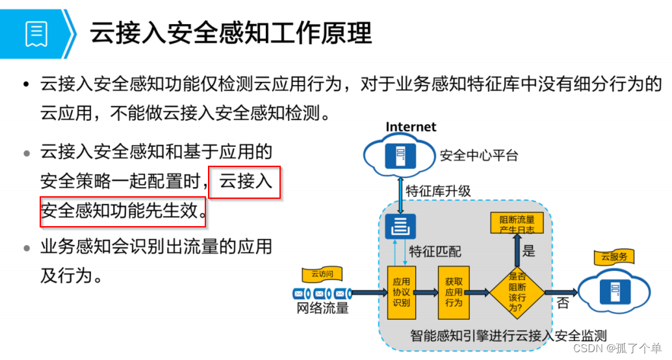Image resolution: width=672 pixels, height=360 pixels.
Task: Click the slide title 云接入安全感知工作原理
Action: point(231,32)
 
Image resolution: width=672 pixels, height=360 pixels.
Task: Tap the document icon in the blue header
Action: point(36,33)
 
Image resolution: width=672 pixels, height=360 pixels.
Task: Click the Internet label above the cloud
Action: point(411,127)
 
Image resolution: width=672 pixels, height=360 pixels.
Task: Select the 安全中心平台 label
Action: point(479,155)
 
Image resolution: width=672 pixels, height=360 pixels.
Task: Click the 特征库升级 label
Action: point(438,191)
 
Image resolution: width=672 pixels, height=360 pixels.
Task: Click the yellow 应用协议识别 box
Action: point(401,292)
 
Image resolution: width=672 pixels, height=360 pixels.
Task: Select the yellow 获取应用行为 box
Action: point(453,292)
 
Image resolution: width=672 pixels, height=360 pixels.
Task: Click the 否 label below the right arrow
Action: point(563,303)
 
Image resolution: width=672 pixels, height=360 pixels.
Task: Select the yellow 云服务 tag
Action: point(614,257)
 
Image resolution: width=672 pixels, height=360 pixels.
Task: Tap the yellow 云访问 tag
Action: point(322,274)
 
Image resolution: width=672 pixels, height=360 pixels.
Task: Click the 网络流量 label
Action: point(322,308)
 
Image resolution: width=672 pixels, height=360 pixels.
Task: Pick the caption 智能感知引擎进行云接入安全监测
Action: point(508,336)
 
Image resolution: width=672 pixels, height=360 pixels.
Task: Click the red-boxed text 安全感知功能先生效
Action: point(123,211)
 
